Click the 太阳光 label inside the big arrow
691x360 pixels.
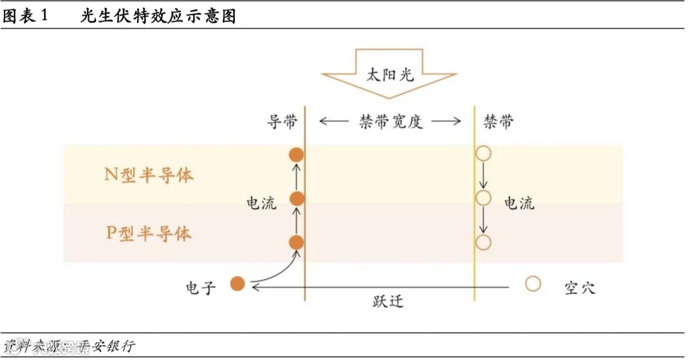pos(390,74)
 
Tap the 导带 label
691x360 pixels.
pos(282,121)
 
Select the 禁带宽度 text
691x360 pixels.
pos(390,121)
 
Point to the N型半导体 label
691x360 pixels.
pos(148,175)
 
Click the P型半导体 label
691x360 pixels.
pos(148,233)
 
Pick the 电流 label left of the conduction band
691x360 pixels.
pos(262,203)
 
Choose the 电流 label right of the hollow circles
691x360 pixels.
pos(519,203)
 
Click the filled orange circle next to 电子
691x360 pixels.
pos(237,283)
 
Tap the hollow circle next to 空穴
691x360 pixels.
pos(533,283)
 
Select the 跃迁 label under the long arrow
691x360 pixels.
pos(388,301)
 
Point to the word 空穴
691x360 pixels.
pos(580,287)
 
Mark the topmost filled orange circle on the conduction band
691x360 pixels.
pos(296,154)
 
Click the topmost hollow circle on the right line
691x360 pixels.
pos(483,153)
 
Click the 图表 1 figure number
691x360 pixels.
pos(26,17)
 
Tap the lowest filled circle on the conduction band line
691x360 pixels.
pos(296,242)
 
